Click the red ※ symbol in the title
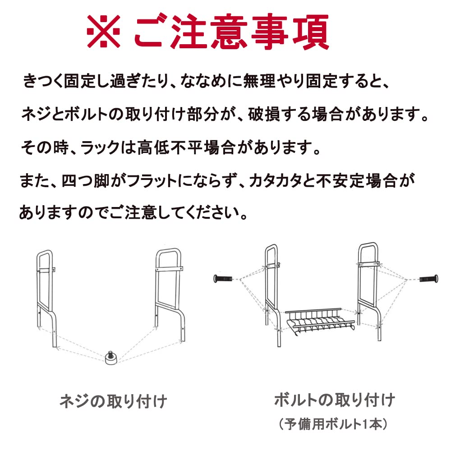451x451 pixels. tap(104, 32)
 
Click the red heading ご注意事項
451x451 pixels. tap(231, 32)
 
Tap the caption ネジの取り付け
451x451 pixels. tap(113, 400)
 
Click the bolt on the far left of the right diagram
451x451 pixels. tap(224, 279)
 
